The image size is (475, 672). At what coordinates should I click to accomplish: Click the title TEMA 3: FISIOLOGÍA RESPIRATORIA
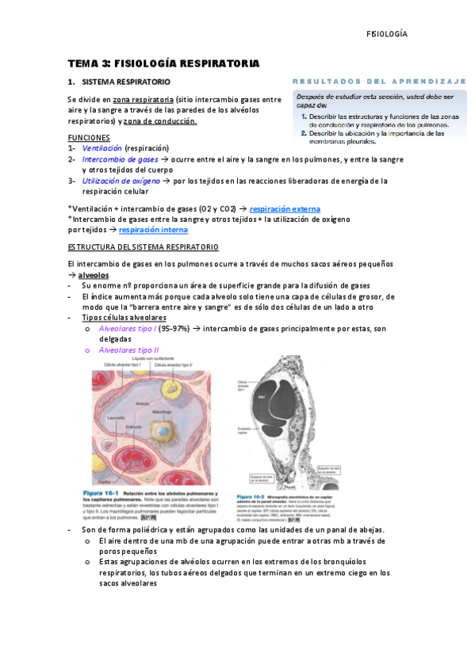click(164, 63)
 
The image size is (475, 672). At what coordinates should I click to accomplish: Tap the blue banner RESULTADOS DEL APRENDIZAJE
click(380, 82)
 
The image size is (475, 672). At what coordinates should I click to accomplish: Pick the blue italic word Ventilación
click(102, 148)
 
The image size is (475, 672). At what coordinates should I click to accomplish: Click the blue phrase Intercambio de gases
click(120, 159)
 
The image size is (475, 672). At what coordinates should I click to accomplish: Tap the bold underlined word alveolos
click(94, 275)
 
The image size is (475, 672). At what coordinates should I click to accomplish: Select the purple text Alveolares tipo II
click(128, 350)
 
